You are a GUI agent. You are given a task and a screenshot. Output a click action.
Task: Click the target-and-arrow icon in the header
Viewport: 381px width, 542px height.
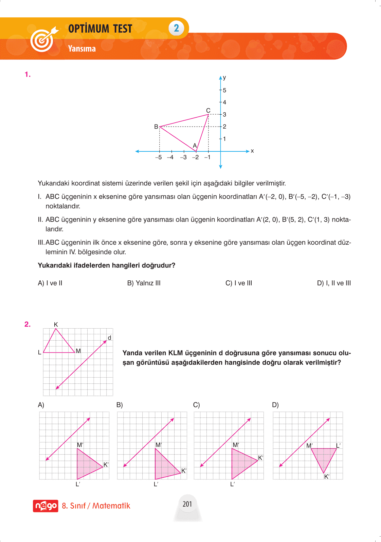click(43, 39)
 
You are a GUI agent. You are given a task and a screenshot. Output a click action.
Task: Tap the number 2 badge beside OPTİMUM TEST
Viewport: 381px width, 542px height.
click(176, 28)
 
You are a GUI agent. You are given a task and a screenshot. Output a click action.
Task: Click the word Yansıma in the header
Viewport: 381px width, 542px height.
click(82, 49)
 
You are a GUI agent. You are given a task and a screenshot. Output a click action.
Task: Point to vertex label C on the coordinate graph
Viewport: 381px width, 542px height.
click(208, 111)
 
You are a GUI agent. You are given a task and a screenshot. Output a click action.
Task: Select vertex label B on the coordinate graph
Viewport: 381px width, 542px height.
click(156, 127)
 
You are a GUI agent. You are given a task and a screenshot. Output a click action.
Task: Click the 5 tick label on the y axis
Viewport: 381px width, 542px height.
click(224, 90)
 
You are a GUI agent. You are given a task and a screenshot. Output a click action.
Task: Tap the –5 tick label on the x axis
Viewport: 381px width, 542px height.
click(159, 157)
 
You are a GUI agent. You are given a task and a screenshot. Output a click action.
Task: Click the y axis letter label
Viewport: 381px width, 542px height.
click(224, 78)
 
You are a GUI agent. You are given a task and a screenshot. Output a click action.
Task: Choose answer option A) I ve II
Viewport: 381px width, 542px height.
click(50, 283)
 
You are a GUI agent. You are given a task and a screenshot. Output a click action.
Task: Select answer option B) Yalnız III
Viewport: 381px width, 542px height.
click(144, 283)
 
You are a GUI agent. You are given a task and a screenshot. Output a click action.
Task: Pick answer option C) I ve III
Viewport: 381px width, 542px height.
click(239, 283)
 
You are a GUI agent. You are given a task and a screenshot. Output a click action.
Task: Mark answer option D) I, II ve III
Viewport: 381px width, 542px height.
click(334, 283)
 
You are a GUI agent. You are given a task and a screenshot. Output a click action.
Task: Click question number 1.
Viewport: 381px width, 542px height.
click(28, 75)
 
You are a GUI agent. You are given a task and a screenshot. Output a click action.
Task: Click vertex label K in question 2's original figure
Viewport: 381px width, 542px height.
click(56, 324)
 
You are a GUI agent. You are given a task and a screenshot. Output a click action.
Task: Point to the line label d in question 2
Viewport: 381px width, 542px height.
click(109, 338)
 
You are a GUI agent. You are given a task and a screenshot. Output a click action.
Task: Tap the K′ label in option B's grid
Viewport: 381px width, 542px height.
click(184, 471)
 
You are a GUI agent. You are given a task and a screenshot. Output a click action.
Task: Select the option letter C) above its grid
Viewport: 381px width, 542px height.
click(196, 405)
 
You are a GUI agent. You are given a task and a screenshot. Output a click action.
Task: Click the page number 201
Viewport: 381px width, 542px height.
click(187, 504)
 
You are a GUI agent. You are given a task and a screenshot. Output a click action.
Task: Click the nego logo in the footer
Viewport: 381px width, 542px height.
click(45, 506)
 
